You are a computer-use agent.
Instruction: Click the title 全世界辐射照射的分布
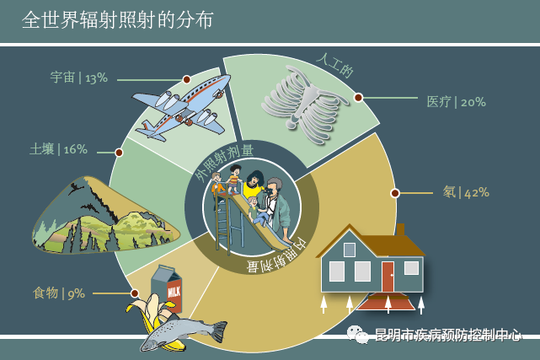[118, 19]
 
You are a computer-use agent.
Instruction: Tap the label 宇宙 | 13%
[79, 78]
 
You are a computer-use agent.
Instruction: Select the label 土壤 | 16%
[58, 149]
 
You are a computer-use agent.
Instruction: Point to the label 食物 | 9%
[59, 293]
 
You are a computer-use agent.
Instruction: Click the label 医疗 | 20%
[457, 102]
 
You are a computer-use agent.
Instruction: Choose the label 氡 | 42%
[466, 192]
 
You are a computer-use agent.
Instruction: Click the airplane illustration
[182, 107]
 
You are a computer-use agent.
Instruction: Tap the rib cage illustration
[304, 105]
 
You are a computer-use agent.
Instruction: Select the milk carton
[166, 288]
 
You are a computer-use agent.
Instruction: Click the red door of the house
[388, 277]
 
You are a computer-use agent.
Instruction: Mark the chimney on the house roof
[400, 229]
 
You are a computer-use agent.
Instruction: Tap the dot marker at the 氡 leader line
[395, 193]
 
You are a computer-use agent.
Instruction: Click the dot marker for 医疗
[358, 98]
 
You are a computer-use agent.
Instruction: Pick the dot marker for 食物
[135, 293]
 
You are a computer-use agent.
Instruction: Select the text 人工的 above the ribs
[335, 66]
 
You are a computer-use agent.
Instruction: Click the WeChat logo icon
[357, 334]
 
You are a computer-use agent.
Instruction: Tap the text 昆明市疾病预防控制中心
[447, 335]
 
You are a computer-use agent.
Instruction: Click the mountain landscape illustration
[105, 216]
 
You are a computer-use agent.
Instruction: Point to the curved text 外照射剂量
[223, 162]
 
